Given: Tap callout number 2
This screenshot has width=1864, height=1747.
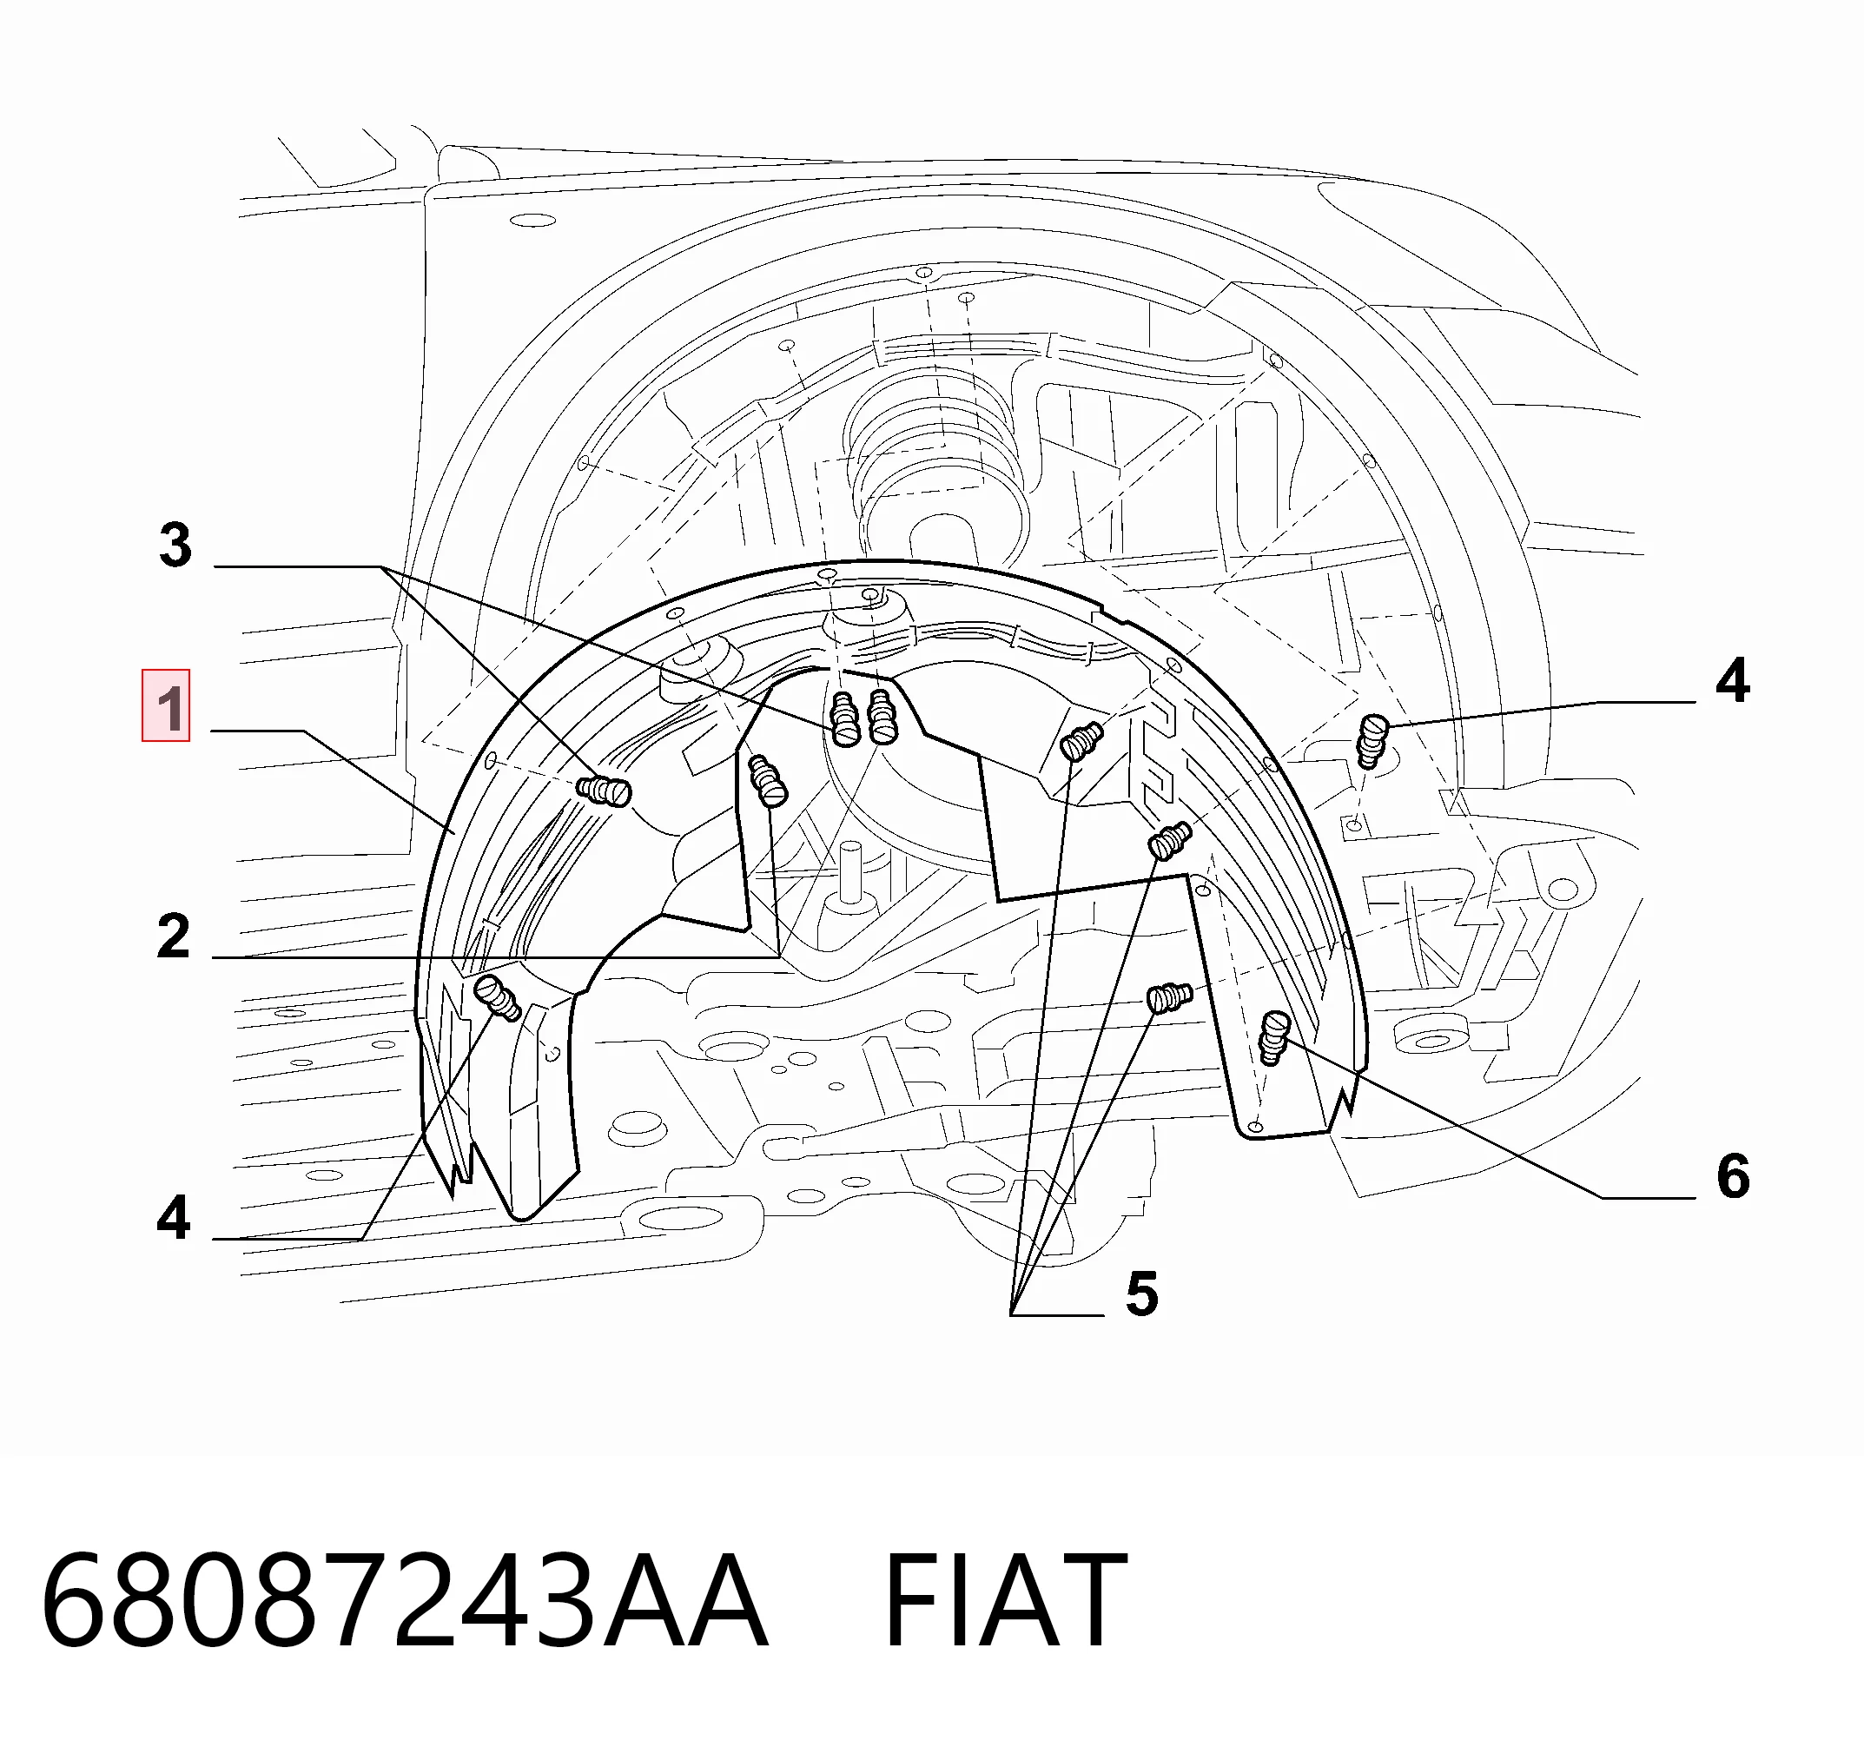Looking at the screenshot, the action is tap(174, 936).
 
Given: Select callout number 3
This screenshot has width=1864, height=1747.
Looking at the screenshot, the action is tap(175, 545).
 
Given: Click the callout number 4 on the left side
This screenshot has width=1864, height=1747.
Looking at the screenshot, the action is tap(174, 1217).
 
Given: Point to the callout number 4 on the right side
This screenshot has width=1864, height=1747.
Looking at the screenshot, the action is tap(1733, 680).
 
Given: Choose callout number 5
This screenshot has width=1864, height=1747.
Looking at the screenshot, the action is tap(1142, 1294).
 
